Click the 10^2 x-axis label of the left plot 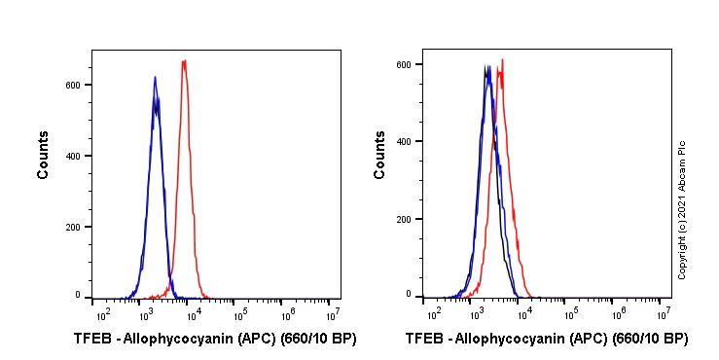pos(100,314)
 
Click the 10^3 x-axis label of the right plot pos(477,314)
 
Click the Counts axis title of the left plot pos(44,156)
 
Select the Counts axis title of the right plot pos(380,156)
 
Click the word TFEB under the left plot pos(92,340)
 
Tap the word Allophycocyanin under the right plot pos(512,340)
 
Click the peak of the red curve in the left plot pos(184,61)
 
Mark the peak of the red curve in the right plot pos(502,60)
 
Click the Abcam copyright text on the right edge pos(682,208)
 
